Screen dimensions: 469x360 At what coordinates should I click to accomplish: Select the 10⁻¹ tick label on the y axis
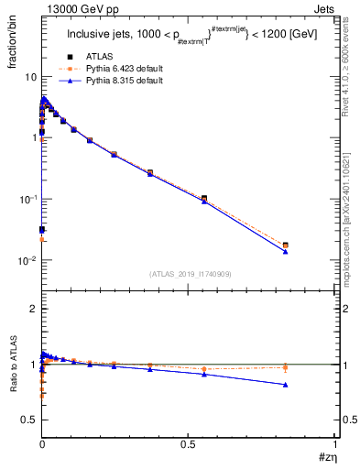27,199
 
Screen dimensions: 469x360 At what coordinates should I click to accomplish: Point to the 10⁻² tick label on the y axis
27,260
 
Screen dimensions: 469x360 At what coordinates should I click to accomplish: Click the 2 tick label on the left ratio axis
33,310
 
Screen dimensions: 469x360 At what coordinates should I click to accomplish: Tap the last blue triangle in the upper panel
286,251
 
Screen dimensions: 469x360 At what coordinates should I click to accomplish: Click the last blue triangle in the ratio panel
286,385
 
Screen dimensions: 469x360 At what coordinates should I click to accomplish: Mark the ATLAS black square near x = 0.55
203,198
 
